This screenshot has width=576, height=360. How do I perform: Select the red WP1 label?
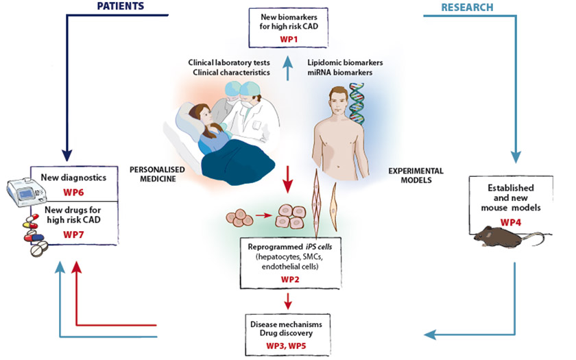[x=287, y=40]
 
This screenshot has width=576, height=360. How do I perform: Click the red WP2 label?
[x=288, y=280]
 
